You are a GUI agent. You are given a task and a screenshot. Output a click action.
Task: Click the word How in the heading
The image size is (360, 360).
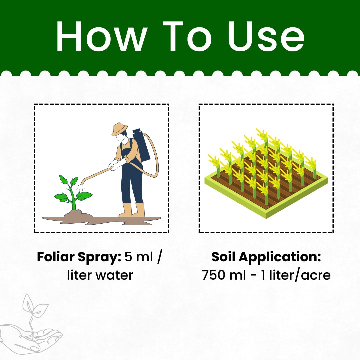pyautogui.click(x=101, y=36)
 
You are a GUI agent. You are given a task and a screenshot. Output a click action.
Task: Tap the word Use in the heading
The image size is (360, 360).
pyautogui.click(x=266, y=36)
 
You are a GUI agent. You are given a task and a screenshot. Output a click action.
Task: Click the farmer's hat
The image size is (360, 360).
pyautogui.click(x=119, y=129)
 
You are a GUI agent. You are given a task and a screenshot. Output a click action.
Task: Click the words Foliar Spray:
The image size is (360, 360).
pyautogui.click(x=79, y=257)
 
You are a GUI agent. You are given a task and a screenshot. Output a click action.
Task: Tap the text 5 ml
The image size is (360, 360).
pyautogui.click(x=139, y=257)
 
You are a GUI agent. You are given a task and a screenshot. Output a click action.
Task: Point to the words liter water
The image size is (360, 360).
pyautogui.click(x=100, y=275)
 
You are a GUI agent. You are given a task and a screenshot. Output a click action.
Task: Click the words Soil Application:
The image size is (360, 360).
pyautogui.click(x=266, y=257)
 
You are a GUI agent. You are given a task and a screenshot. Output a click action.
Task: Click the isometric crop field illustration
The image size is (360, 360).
pyautogui.click(x=266, y=173)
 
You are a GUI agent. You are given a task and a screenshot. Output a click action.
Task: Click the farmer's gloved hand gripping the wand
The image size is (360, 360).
pyautogui.click(x=112, y=166)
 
